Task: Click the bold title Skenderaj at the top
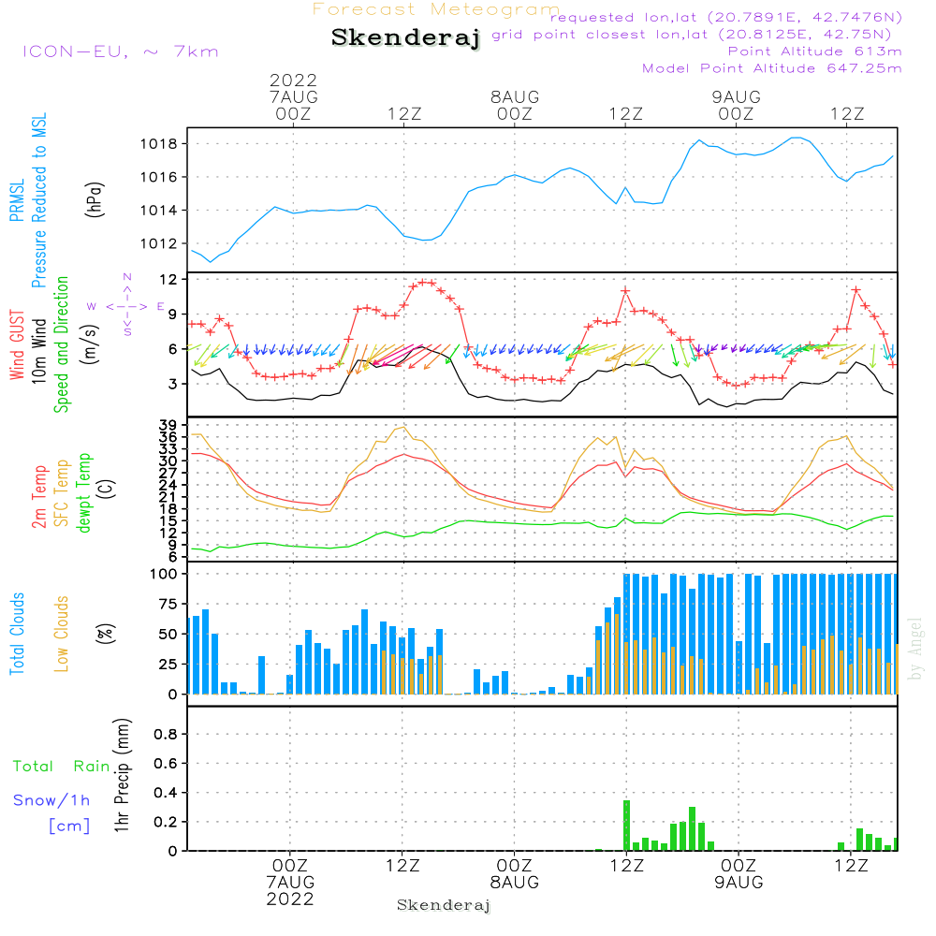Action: click(x=405, y=38)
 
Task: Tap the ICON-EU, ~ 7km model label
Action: click(x=120, y=51)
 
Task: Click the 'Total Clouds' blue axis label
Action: click(x=17, y=634)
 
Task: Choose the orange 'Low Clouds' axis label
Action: click(x=62, y=634)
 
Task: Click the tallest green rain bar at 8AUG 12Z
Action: click(x=626, y=825)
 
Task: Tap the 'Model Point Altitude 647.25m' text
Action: click(x=772, y=68)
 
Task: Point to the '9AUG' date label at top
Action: click(x=736, y=97)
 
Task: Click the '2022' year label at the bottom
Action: click(x=290, y=899)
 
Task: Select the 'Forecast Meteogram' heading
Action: click(x=436, y=9)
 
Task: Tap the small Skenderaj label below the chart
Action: click(x=444, y=905)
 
